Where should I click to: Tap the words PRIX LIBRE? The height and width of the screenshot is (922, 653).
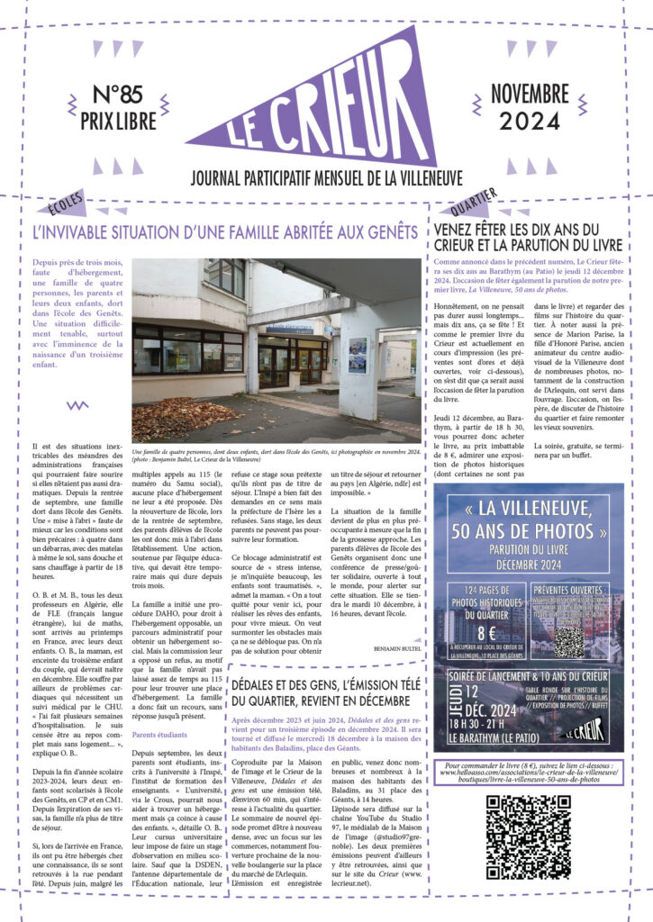click(x=122, y=119)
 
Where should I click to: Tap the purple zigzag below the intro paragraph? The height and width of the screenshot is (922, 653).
click(x=77, y=405)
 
